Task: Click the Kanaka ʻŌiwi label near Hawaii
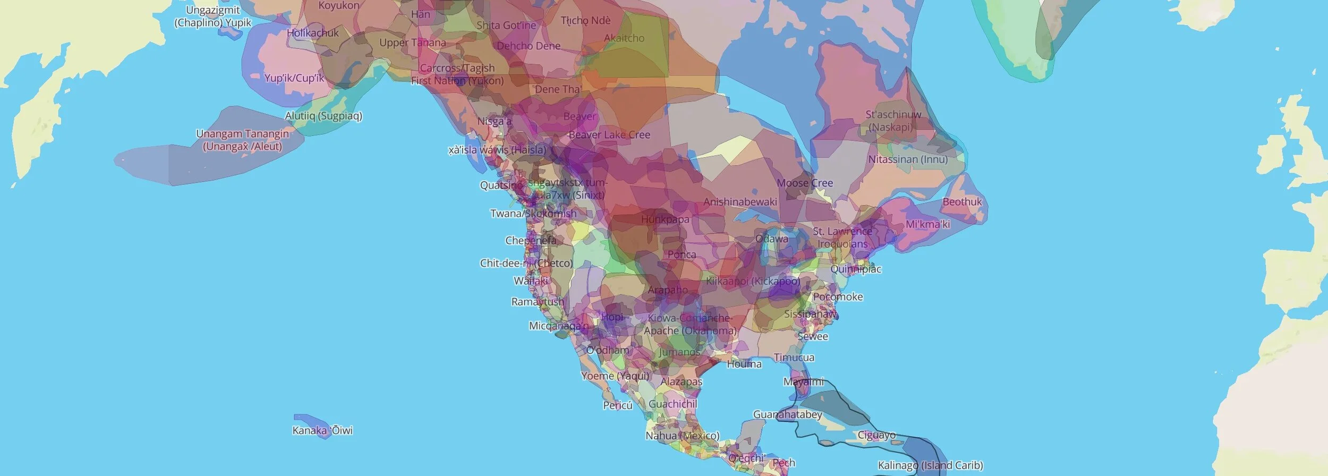click(322, 430)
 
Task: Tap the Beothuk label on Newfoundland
click(962, 202)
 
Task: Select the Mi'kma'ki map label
click(927, 224)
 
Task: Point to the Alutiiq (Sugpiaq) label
click(324, 116)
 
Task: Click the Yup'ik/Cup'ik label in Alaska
click(294, 78)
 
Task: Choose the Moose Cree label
click(805, 183)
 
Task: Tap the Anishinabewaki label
click(740, 202)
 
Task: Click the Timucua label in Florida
click(794, 358)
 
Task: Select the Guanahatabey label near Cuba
click(787, 414)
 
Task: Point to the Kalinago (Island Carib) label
click(930, 465)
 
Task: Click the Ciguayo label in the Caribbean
click(876, 436)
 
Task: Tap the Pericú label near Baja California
click(618, 405)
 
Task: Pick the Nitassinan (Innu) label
click(908, 159)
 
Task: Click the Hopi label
click(612, 317)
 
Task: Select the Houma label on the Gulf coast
click(744, 364)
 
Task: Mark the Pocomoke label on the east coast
click(838, 297)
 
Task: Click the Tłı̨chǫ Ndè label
click(585, 21)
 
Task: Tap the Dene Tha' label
click(558, 89)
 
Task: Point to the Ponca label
click(682, 254)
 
